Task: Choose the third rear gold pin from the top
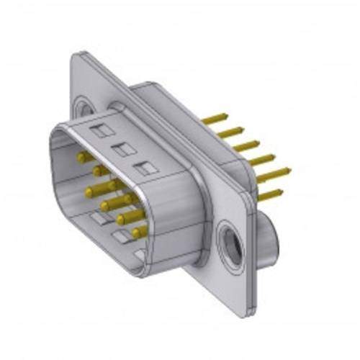point(245,145)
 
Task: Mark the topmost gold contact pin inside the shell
point(84,156)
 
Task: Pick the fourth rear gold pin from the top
point(261,160)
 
